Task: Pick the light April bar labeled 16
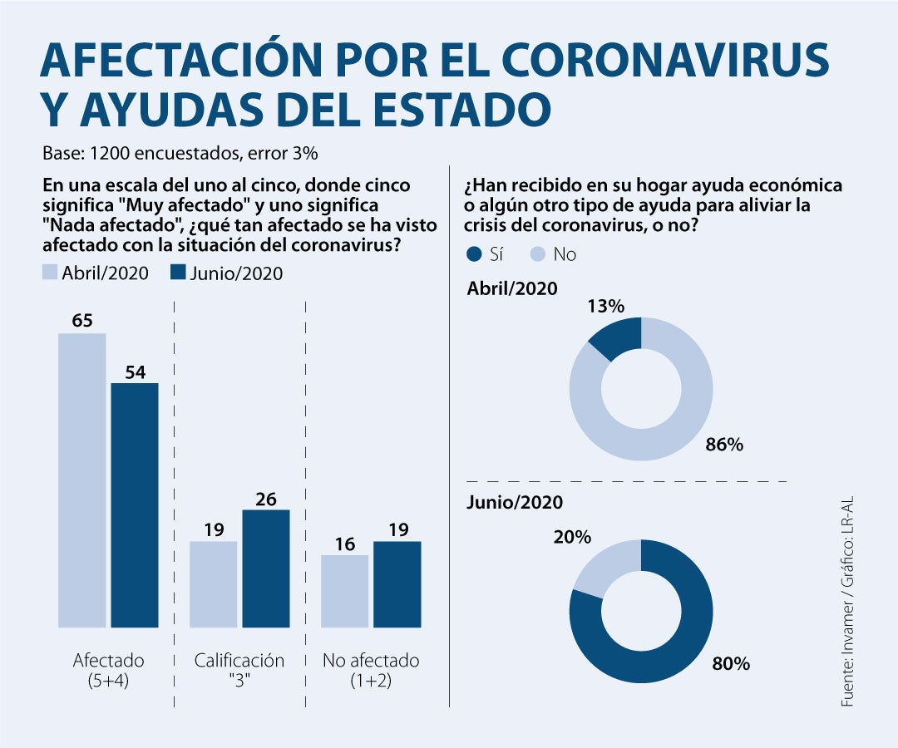pyautogui.click(x=344, y=591)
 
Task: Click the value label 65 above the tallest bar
pyautogui.click(x=81, y=320)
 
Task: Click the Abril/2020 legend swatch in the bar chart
pyautogui.click(x=49, y=273)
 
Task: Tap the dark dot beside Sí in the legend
pyautogui.click(x=475, y=254)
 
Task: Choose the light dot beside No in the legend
pyautogui.click(x=537, y=254)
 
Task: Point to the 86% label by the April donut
pyautogui.click(x=723, y=445)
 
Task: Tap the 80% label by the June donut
pyautogui.click(x=731, y=664)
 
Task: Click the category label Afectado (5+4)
pyautogui.click(x=108, y=670)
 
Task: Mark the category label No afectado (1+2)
pyautogui.click(x=371, y=670)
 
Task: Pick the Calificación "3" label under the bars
pyautogui.click(x=239, y=670)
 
